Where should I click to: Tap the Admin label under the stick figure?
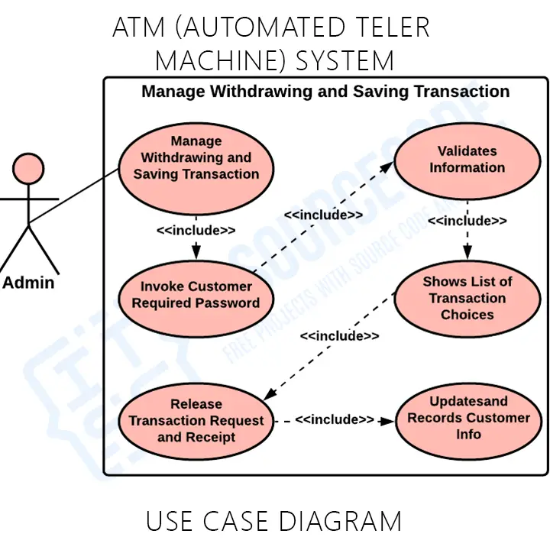pyautogui.click(x=28, y=283)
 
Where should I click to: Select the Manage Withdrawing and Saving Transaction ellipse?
pyautogui.click(x=196, y=158)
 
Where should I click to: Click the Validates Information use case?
pyautogui.click(x=467, y=160)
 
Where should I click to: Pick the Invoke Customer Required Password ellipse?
pyautogui.click(x=196, y=295)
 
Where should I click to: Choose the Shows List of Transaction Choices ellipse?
pyautogui.click(x=467, y=298)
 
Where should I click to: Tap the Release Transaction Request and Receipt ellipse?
pyautogui.click(x=196, y=421)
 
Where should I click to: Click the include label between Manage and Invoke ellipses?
pyautogui.click(x=196, y=230)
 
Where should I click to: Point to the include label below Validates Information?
pyautogui.click(x=467, y=221)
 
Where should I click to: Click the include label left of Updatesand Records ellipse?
pyautogui.click(x=335, y=420)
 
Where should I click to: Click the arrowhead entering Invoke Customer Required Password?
pyautogui.click(x=196, y=253)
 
